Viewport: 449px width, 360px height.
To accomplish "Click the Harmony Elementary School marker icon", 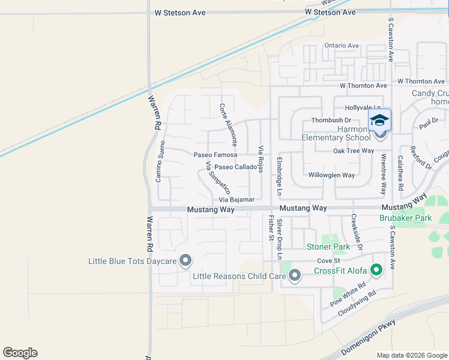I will point(379,120).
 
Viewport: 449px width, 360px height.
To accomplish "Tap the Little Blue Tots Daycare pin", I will point(185,260).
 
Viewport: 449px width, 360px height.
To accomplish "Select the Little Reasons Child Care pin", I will point(294,276).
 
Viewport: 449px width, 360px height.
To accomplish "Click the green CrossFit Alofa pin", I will point(376,271).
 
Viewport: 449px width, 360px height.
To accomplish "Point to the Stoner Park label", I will point(328,247).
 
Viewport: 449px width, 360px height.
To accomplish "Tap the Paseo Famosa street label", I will point(215,155).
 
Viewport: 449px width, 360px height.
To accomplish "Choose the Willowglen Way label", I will point(331,175).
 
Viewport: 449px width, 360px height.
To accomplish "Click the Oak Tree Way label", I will point(354,151).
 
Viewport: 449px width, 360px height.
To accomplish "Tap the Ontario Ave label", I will point(341,46).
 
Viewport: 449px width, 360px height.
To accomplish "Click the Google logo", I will point(20,353).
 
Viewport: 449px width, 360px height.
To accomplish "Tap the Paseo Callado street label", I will point(235,167).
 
